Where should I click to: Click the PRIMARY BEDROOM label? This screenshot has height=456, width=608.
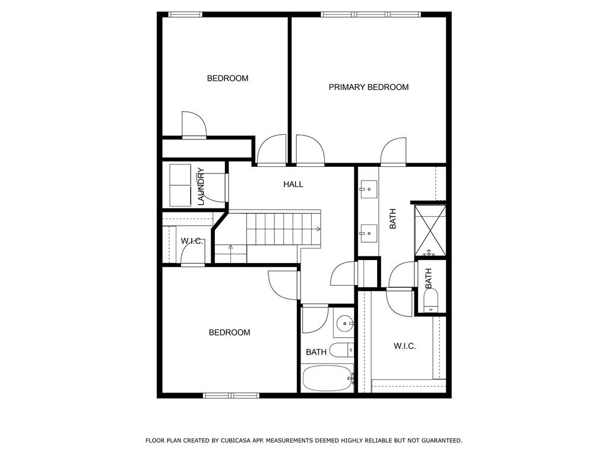coord(368,87)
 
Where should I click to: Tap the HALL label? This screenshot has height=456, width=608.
coord(293,184)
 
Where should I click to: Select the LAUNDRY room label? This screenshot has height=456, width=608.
coord(201,186)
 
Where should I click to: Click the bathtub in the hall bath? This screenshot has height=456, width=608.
coord(328,378)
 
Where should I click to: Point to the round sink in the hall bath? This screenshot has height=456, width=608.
coord(345,323)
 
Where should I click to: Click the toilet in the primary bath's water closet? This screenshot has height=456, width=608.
coord(430,300)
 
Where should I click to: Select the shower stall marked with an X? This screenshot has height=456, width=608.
coord(430,231)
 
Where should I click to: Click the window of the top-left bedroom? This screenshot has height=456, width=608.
coord(185,15)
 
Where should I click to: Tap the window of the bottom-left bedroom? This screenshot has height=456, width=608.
coord(232,395)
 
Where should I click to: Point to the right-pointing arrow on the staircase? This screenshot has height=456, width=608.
coord(318,229)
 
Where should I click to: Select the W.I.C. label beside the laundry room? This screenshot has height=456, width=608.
coord(192,241)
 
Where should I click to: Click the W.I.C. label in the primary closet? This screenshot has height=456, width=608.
coord(404,346)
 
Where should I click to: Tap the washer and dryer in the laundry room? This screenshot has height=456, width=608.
coord(180,185)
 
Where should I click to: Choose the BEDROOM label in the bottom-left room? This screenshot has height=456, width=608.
coord(229,332)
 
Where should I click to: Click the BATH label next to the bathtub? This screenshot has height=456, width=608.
coord(316,352)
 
